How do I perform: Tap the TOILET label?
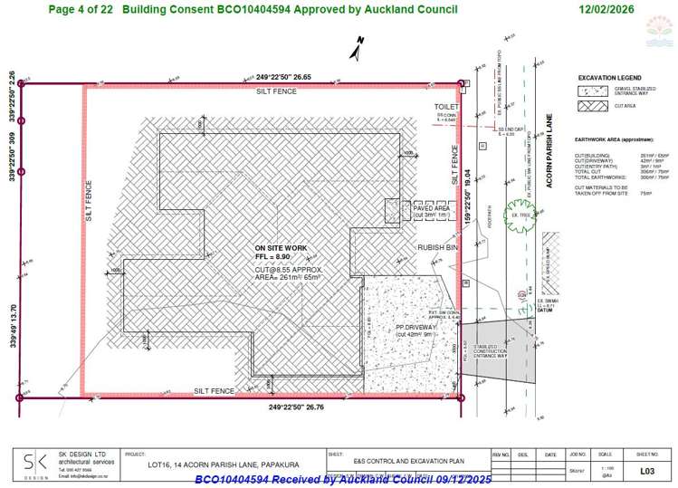[x=446, y=107]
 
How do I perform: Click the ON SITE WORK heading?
[x=282, y=248]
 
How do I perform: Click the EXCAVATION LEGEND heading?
[x=609, y=78]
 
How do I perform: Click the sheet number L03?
[x=646, y=471]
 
